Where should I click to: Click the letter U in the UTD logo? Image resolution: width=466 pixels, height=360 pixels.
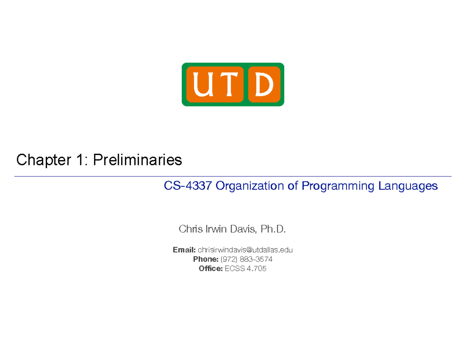(x=203, y=84)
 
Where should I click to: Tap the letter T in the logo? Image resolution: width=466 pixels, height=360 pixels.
(x=228, y=84)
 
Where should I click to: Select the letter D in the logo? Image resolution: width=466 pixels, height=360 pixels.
(x=264, y=84)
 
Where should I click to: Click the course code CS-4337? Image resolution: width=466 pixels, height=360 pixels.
(x=188, y=186)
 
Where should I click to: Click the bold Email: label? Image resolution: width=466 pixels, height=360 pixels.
(x=184, y=250)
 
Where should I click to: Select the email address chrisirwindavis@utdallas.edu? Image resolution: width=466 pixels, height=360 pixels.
(x=245, y=250)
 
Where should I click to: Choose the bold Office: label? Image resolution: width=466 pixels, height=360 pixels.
(x=210, y=269)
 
